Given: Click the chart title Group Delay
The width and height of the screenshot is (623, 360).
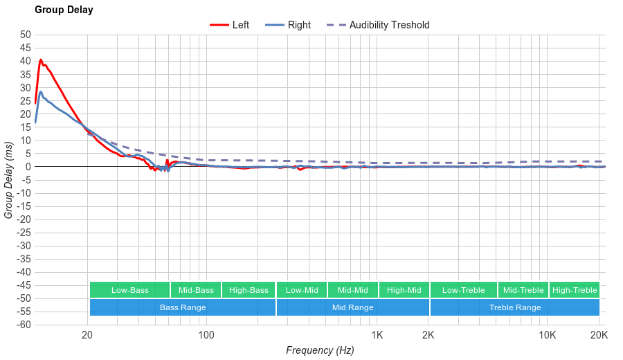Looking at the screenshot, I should [64, 10].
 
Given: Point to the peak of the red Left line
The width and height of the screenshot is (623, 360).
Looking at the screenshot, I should [41, 60].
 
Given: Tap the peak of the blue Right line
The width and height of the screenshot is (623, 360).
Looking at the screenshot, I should [41, 91].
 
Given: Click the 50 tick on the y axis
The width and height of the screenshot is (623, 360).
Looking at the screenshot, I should [26, 35].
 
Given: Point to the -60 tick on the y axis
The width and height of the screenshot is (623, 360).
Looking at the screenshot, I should [24, 325].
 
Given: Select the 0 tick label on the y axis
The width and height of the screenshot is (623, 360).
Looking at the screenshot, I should [28, 167].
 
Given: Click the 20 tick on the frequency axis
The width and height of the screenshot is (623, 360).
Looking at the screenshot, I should [87, 336].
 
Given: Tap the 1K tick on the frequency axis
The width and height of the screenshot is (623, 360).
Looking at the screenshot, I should [377, 336].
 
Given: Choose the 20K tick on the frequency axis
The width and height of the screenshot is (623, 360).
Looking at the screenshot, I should [599, 336].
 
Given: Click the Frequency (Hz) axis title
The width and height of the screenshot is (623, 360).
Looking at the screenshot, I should [320, 350].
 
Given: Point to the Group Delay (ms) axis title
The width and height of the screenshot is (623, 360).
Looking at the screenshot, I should [8, 179].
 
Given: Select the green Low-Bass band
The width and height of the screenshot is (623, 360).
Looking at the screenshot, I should [129, 290].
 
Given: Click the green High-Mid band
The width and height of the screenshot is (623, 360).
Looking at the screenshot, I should [404, 290].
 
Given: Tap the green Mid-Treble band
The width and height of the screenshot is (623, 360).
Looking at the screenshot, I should [523, 290].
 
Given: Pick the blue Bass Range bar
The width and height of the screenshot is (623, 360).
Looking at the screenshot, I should [182, 307].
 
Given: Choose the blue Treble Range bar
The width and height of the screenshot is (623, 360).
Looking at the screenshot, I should [514, 307].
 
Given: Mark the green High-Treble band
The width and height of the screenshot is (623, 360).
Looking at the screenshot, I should [574, 290].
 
